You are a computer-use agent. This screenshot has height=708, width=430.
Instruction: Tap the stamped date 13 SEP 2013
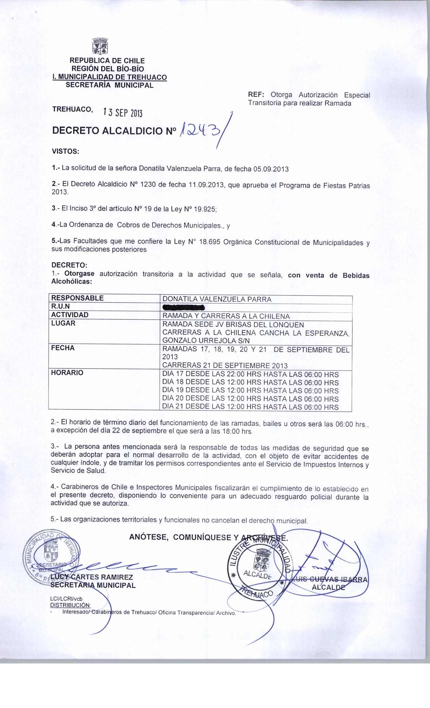coord(123,112)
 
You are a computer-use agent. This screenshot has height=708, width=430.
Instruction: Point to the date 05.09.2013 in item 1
coord(271,169)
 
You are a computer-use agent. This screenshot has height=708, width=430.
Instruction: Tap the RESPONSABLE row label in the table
coord(77,298)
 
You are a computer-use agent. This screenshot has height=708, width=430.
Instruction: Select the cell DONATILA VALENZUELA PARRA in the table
coord(217,299)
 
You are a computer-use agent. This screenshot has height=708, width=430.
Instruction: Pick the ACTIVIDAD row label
coord(70,315)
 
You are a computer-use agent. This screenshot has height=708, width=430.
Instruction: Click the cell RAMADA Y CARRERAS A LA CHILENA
coord(226,316)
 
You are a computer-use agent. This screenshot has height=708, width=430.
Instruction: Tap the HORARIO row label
coord(67,373)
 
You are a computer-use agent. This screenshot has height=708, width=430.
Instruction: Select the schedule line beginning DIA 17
coord(250,375)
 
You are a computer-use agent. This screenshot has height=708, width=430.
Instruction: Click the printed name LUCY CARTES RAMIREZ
coord(92,577)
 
